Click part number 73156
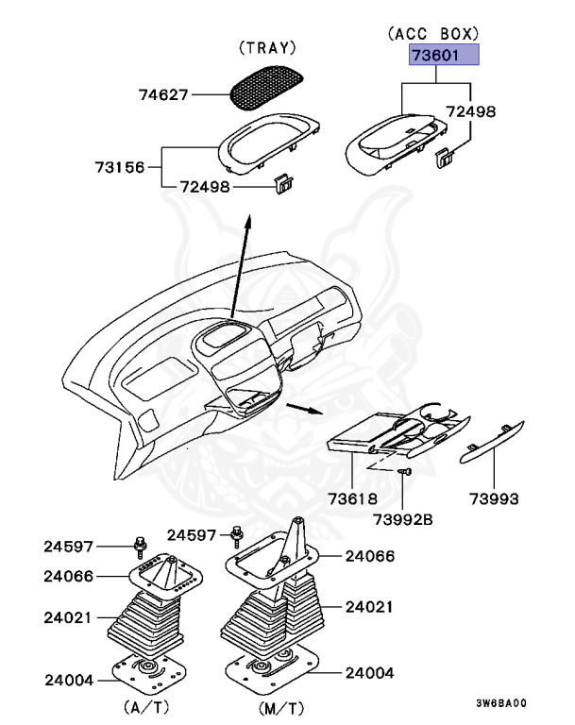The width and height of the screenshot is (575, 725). (120, 167)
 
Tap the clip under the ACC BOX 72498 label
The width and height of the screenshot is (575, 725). (444, 157)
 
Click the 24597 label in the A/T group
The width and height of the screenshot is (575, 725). (69, 547)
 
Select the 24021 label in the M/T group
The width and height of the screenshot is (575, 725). (369, 606)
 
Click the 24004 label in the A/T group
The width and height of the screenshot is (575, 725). (68, 679)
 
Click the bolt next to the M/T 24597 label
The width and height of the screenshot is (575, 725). (234, 538)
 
